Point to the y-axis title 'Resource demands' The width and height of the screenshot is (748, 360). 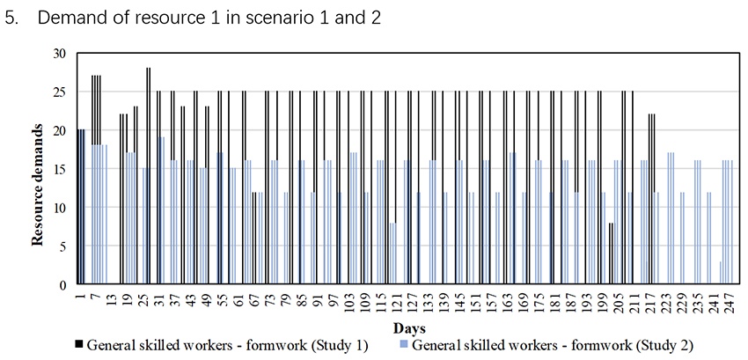40,170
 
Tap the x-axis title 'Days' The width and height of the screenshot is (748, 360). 405,327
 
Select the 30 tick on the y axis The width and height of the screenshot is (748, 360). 60,53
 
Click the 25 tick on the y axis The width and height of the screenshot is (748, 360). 60,92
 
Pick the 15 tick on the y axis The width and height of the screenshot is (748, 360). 60,169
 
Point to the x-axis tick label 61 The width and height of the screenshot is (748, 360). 239,300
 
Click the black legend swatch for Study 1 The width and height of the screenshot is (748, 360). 77,343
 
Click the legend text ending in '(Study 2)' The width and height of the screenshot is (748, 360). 563,343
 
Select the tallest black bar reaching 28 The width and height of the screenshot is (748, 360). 149,176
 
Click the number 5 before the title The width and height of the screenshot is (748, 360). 11,18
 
